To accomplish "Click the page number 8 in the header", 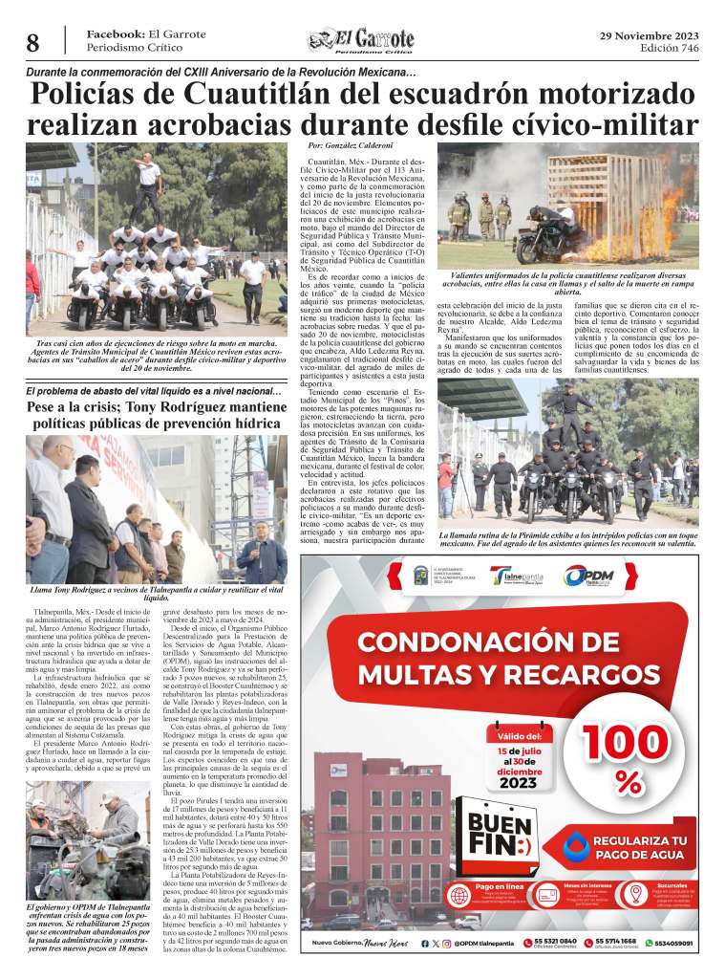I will (32, 43).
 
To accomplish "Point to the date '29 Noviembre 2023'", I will (649, 35).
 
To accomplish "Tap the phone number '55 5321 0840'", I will (559, 942).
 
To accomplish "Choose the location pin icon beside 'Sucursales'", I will (634, 895).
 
